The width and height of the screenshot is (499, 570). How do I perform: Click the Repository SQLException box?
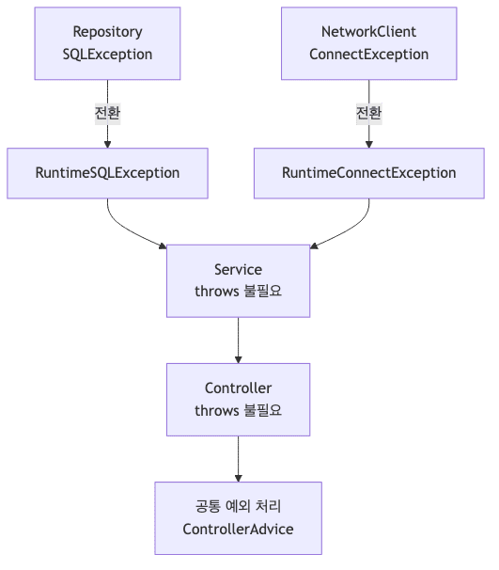point(107,43)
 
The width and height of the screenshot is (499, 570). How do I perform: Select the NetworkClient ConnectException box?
point(368,43)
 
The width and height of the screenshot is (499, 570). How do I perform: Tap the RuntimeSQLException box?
point(107,173)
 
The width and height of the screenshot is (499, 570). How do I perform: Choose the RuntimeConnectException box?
point(368,173)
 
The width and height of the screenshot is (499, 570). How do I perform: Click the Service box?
point(238,280)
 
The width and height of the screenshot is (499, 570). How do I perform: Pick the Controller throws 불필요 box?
point(238,399)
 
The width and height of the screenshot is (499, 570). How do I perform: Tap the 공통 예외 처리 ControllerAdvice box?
point(238,517)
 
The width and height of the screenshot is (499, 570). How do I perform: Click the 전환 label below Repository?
point(107,113)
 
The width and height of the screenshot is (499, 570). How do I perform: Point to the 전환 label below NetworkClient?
point(368,113)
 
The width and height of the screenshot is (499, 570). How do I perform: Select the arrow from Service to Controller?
point(239,340)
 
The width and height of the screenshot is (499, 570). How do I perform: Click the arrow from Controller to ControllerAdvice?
point(239,459)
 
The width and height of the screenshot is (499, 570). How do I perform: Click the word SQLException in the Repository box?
point(107,55)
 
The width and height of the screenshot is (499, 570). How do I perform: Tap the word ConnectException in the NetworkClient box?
point(368,55)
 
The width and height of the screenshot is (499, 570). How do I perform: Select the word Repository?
point(107,32)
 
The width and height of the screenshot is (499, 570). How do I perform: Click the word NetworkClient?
point(368,32)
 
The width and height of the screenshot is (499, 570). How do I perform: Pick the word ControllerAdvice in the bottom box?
point(238,529)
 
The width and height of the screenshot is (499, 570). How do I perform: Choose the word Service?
point(238,270)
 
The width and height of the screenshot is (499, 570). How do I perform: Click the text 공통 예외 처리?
point(238,506)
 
